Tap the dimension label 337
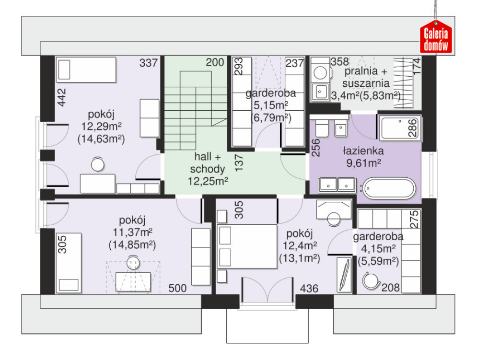coord(149,63)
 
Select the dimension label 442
coord(62,97)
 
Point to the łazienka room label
coord(363,151)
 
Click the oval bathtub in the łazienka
coord(389,189)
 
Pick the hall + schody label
coord(208,163)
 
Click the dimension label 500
coord(178,288)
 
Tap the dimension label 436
coord(309,289)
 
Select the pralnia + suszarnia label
coord(365,77)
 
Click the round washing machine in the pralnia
coord(320,73)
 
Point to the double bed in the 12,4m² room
coord(247,246)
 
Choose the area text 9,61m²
coord(363,163)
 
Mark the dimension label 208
coord(391,287)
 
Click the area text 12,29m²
coord(101,126)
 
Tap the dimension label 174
coord(417,66)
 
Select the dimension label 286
coord(412,128)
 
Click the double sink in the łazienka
coord(337,185)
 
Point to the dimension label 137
coord(239,163)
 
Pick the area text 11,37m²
coord(132,232)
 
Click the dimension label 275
coord(414,220)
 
